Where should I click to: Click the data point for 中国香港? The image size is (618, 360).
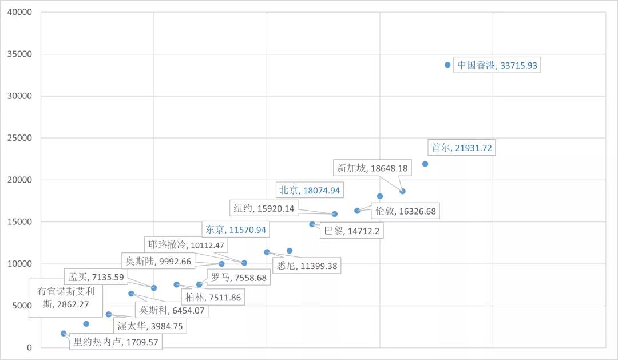[447, 65]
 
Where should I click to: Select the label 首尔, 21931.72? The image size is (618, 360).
[461, 148]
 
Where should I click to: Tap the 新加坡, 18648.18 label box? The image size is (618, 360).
[372, 168]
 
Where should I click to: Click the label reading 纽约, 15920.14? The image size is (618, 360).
[264, 208]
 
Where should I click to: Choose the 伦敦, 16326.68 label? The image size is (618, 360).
[406, 211]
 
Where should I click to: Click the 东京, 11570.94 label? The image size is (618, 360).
[236, 230]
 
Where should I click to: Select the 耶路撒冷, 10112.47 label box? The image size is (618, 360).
[184, 245]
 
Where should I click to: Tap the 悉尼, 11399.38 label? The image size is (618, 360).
[306, 266]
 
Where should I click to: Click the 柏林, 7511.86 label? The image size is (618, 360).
[212, 297]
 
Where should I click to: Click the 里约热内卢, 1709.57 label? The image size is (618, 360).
[115, 342]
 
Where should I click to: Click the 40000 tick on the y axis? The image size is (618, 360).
[20, 12]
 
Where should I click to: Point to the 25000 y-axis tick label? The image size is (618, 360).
[20, 138]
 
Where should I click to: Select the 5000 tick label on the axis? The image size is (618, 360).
[22, 306]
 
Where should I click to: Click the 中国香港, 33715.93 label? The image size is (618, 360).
[497, 65]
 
